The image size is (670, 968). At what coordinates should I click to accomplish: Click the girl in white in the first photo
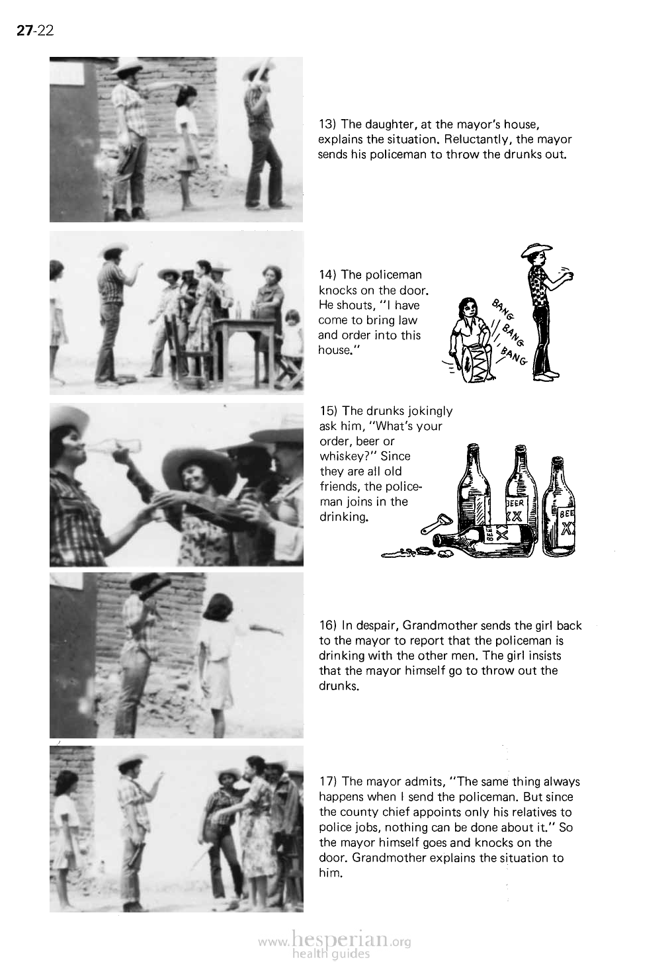point(186,132)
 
